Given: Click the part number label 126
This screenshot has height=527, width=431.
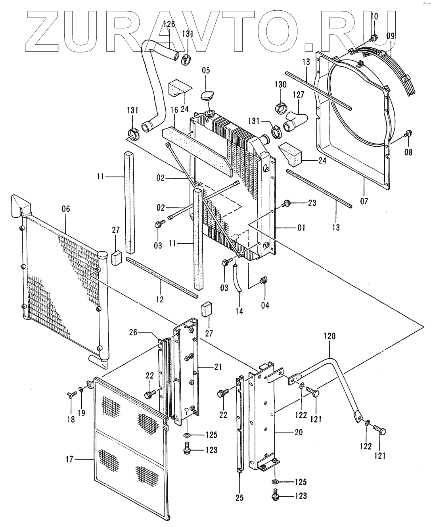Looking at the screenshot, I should click(x=169, y=25).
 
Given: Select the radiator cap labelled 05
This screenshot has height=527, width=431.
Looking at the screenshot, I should click(x=207, y=96).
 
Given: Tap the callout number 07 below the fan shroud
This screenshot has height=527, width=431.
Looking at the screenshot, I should click(x=364, y=201).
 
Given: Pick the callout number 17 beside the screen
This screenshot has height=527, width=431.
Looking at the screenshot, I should click(x=69, y=460).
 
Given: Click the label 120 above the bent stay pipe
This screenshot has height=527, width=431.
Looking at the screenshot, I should click(x=329, y=337).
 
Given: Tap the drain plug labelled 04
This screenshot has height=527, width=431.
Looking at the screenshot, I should click(x=262, y=281).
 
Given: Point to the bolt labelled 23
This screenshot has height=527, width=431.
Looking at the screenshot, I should click(x=285, y=204).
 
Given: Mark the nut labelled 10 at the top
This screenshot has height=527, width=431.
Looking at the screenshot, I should click(x=374, y=38).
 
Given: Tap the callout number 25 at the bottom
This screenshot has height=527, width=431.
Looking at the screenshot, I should click(x=240, y=498).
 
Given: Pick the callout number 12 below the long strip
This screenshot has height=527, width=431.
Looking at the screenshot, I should click(x=160, y=299).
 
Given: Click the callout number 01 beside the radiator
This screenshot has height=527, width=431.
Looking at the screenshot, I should click(x=301, y=228).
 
